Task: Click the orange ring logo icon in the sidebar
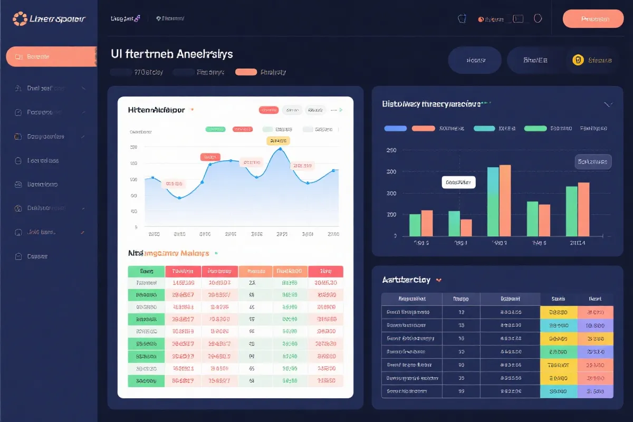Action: tap(20, 19)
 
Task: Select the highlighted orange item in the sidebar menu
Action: tap(51, 56)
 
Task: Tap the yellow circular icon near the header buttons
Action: tap(578, 60)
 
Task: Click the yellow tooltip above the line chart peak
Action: tap(278, 140)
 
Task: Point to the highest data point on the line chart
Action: tap(280, 149)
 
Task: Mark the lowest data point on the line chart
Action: tap(180, 198)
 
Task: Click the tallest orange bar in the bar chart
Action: tap(505, 200)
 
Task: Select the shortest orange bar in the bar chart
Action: tap(466, 227)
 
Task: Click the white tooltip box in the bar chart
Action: tap(458, 183)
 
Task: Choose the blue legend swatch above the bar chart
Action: tap(395, 128)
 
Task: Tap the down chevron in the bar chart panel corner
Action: tap(608, 104)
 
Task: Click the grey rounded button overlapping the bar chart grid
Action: tap(592, 162)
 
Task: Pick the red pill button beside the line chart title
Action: tap(268, 110)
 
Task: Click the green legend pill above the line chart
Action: tap(215, 129)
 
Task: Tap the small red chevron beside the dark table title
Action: tap(439, 280)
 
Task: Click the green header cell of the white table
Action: tap(147, 271)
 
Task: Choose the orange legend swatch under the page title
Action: tap(246, 72)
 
